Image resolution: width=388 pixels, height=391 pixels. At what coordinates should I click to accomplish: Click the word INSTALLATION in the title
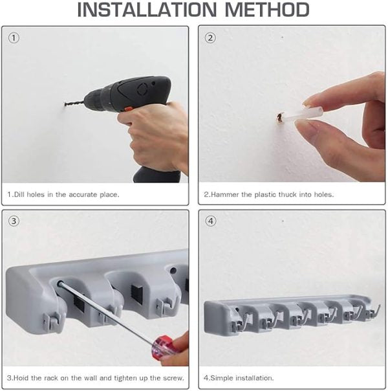click(147, 10)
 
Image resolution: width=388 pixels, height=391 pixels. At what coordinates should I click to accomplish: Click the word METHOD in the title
click(267, 10)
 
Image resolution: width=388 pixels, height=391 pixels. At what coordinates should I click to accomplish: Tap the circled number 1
click(14, 38)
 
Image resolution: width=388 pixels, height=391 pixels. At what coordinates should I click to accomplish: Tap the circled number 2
click(210, 38)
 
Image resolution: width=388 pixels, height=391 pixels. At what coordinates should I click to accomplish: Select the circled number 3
click(14, 221)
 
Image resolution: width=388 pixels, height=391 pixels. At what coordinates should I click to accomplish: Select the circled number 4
click(211, 221)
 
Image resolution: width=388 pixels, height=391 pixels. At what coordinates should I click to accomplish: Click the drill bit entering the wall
click(74, 103)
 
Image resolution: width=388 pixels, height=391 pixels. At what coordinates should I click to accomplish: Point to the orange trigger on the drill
click(128, 109)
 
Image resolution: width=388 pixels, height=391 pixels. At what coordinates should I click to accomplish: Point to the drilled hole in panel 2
click(280, 118)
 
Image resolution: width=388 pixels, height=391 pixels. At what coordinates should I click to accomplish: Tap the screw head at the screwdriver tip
click(59, 284)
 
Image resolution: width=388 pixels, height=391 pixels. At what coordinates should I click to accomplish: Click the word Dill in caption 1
click(19, 194)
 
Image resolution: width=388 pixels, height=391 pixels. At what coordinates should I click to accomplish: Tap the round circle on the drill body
click(142, 89)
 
